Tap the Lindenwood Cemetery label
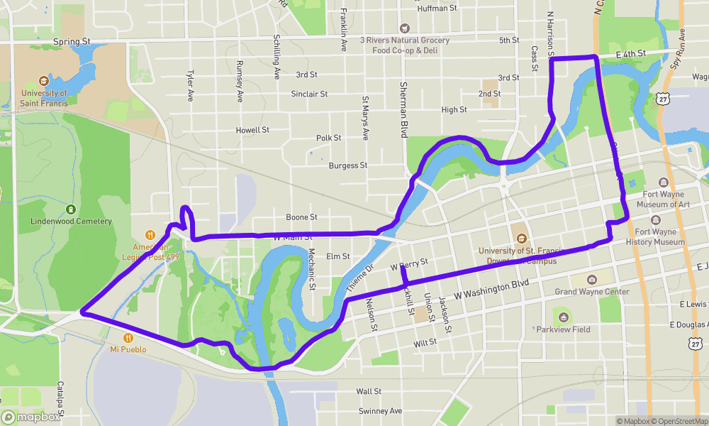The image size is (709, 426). click(71, 221)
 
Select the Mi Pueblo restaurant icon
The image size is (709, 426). click(128, 337)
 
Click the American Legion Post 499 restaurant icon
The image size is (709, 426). click(150, 235)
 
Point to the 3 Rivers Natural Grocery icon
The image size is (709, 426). click(405, 28)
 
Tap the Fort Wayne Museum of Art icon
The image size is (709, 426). click(664, 182)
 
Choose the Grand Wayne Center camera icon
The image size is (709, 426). click(592, 280)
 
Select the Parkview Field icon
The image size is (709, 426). click(562, 317)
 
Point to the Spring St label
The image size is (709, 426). click(72, 42)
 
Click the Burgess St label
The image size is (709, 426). click(348, 165)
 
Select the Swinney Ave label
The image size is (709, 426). click(380, 411)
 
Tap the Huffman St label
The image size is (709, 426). click(438, 9)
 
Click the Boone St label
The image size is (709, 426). click(301, 217)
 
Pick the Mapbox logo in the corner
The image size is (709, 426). click(31, 417)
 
